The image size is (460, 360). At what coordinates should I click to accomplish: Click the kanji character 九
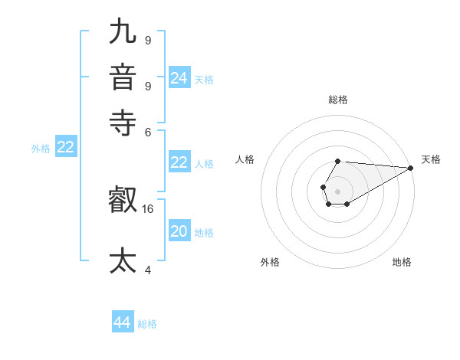[123, 31]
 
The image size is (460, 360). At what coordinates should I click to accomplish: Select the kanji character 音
[123, 78]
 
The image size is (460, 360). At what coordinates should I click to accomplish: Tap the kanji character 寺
[123, 120]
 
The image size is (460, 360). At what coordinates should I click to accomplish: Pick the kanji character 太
[123, 260]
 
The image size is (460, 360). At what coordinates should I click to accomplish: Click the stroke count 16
[148, 208]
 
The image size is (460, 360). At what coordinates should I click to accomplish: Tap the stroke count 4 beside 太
[148, 270]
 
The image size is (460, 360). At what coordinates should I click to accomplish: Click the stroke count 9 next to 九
[148, 39]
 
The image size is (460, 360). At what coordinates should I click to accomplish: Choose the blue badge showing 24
[179, 78]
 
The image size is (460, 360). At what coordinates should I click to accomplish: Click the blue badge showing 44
[123, 322]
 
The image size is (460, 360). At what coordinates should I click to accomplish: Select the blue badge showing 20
[179, 231]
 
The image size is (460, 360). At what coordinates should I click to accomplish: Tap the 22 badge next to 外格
[65, 148]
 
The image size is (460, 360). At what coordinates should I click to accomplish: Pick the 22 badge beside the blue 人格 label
[179, 162]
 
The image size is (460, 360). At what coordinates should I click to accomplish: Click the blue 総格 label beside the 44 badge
[147, 324]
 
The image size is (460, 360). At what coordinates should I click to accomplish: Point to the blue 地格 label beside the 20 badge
[204, 232]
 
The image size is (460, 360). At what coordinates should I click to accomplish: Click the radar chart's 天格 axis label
[431, 159]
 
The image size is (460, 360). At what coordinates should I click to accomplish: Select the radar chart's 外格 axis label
[270, 262]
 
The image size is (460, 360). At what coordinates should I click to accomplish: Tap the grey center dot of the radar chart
[337, 191]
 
